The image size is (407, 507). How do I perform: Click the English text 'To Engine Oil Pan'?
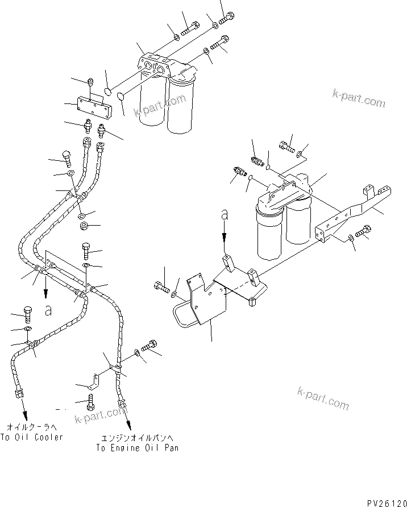136,448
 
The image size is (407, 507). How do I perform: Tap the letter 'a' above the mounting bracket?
225,215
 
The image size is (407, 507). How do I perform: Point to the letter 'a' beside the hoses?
49,310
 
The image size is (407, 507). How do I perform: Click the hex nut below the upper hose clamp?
83,227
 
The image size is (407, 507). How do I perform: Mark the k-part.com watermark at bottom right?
322,398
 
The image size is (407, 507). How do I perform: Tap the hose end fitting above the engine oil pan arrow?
121,404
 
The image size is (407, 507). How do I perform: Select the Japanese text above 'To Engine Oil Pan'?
136,437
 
